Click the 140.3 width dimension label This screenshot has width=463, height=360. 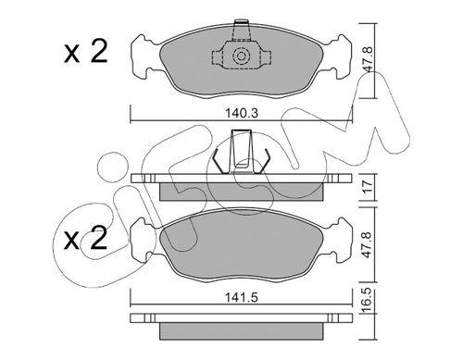click(242, 113)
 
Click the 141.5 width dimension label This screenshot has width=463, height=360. click(241, 298)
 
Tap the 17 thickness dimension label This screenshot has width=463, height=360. click(368, 187)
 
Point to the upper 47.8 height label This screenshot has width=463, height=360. click(368, 59)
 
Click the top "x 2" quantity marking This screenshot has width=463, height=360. click(86, 53)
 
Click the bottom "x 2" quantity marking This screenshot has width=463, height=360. click(86, 238)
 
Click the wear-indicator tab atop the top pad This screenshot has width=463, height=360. click(241, 22)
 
